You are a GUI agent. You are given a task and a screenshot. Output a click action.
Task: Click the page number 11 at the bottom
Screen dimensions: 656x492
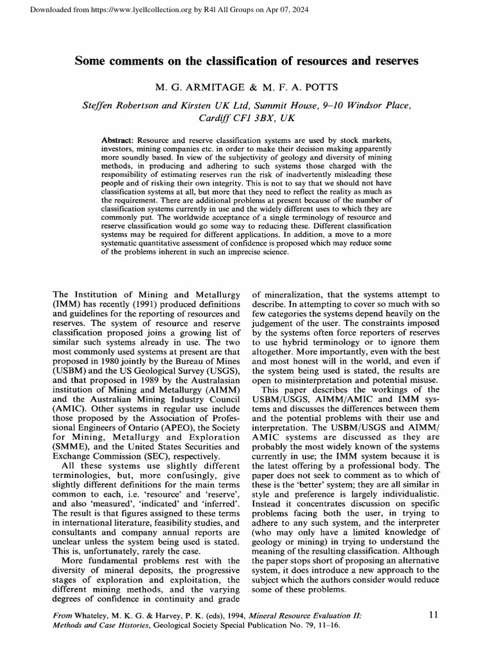click(433, 615)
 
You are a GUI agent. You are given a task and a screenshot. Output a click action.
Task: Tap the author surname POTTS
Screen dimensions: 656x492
click(318, 86)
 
